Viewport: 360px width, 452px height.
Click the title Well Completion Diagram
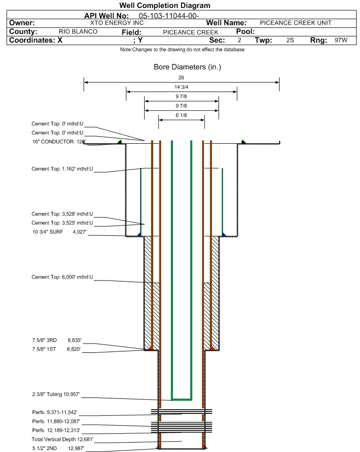pos(165,6)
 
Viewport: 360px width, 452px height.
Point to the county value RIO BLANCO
pos(78,31)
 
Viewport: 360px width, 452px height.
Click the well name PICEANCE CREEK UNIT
pos(296,23)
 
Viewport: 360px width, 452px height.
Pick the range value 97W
pos(341,40)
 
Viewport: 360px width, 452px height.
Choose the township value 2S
pos(290,40)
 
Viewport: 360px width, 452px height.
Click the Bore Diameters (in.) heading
pos(188,67)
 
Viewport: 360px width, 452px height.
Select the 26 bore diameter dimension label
pos(181,77)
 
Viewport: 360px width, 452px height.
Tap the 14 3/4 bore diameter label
pos(181,87)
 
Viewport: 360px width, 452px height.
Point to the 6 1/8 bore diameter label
pos(181,115)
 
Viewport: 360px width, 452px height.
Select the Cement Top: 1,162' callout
pos(62,169)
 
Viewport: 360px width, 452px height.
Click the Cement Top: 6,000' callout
pos(62,277)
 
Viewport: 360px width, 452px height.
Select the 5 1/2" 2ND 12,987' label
pos(57,448)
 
